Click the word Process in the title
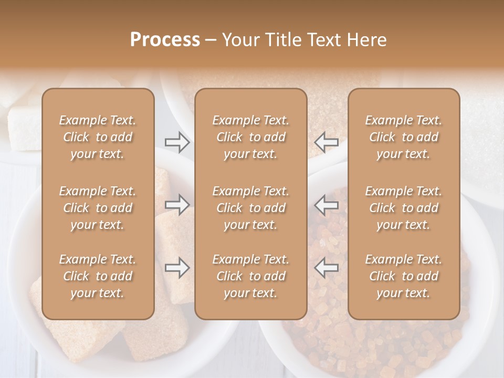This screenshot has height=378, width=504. click(x=165, y=40)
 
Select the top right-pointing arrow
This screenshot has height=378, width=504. click(x=177, y=142)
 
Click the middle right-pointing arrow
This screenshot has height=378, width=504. click(x=177, y=205)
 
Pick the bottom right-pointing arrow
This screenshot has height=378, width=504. click(x=177, y=268)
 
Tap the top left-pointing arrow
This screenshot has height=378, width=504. click(x=326, y=142)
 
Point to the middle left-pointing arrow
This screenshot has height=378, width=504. click(x=326, y=205)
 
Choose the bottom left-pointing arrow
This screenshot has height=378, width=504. click(x=326, y=268)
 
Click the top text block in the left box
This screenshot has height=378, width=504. click(x=98, y=137)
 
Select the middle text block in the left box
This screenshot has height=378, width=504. click(x=98, y=208)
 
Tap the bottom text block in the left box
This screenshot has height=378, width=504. click(x=98, y=276)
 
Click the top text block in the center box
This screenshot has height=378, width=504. click(x=250, y=137)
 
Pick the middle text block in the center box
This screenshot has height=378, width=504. click(x=250, y=208)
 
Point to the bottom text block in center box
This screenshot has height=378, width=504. click(x=250, y=276)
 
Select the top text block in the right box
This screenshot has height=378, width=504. click(x=403, y=137)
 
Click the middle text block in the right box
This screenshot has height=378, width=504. click(x=403, y=208)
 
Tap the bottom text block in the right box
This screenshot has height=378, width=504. click(x=403, y=276)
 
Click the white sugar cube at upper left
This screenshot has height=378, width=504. click(x=24, y=123)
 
